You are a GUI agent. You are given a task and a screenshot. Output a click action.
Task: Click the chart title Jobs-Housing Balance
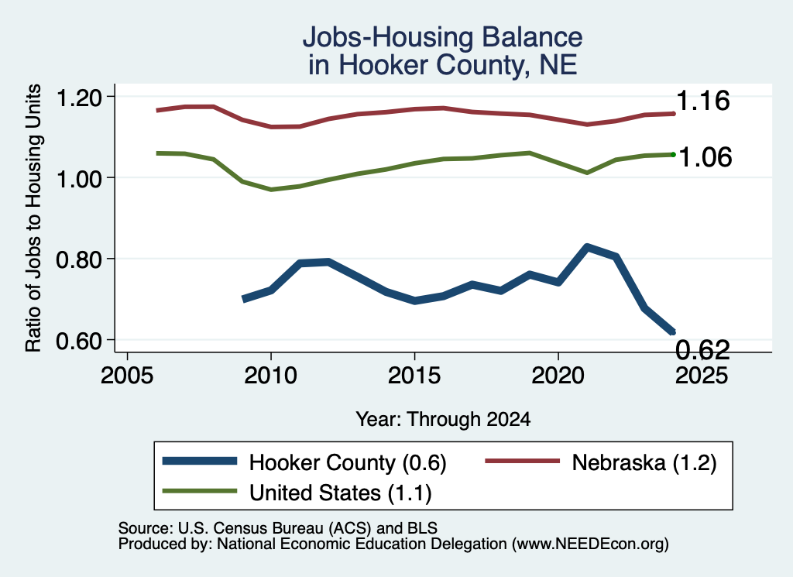[x=442, y=37]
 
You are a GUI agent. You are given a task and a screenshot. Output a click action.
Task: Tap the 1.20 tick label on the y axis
[x=79, y=97]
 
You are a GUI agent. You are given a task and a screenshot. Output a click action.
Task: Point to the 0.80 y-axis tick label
[x=79, y=259]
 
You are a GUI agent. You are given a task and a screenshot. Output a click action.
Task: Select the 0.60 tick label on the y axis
[x=79, y=341]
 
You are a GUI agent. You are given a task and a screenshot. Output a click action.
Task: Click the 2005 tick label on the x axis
[x=127, y=375]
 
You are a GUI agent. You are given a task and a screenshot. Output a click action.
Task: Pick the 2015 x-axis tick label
[x=414, y=375]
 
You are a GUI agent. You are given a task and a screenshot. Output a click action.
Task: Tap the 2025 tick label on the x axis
[x=702, y=375]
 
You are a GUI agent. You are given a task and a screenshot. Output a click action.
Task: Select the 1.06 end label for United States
[x=705, y=156]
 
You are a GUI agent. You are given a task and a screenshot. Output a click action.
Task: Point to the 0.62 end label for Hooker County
[x=703, y=349]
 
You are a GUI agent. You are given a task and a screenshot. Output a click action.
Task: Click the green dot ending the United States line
[x=673, y=155]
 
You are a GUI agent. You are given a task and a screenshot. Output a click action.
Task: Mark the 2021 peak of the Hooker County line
[x=587, y=247]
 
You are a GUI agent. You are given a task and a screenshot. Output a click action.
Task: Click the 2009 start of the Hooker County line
[x=245, y=300]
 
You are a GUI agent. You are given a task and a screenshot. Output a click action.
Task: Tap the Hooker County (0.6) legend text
[x=348, y=462]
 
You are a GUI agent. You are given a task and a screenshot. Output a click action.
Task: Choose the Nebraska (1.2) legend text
[x=644, y=462]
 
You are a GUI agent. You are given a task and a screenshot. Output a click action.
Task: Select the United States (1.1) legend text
[x=341, y=493]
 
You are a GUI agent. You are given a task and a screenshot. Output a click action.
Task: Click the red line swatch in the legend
[x=523, y=461]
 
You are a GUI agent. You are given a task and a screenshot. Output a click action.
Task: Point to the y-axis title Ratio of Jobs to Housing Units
[x=33, y=218]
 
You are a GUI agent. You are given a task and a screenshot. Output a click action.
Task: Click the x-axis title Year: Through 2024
[x=443, y=419]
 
